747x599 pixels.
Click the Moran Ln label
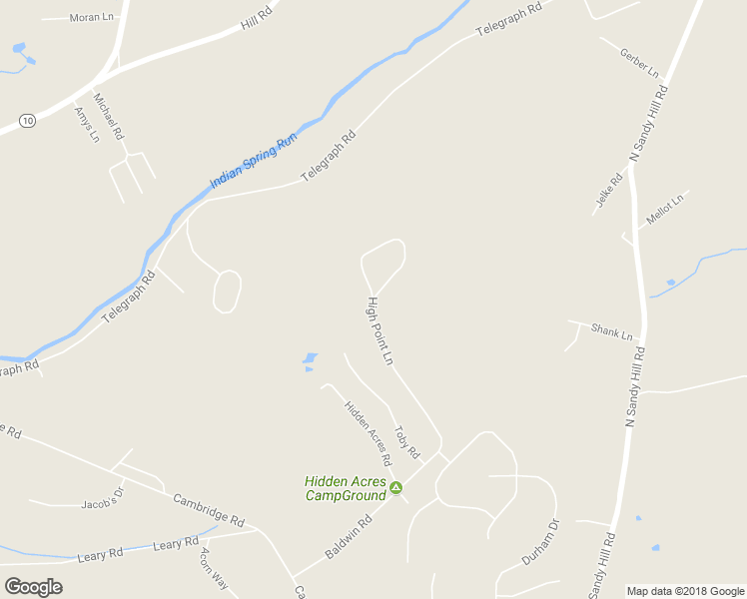[92, 18]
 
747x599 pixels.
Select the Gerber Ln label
[639, 62]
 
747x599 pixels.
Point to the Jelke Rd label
[609, 190]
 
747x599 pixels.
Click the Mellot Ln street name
[664, 210]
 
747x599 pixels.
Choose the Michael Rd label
[108, 115]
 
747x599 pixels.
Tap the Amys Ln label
[87, 124]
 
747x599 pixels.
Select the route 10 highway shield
[27, 120]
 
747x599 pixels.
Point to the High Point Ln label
[380, 330]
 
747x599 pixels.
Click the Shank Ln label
[612, 330]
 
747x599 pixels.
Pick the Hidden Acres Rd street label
[368, 434]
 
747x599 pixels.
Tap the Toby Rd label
[405, 441]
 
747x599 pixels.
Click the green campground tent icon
[396, 487]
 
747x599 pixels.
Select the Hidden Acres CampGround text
[346, 488]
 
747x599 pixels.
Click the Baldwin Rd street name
[348, 537]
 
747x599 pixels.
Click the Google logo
[34, 586]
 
